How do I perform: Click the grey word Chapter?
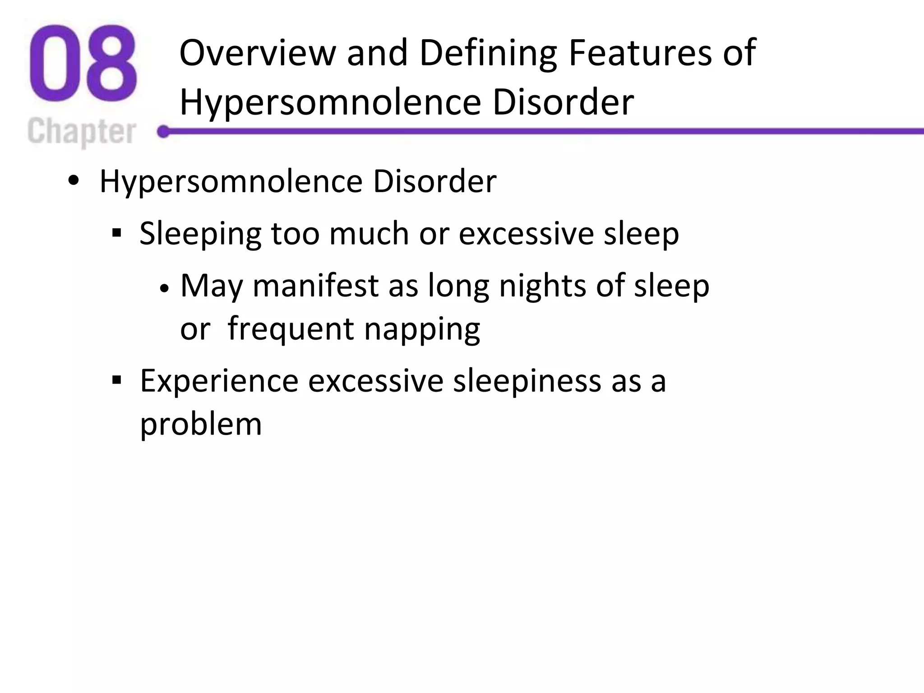[82, 132]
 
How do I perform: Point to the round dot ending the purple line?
[163, 132]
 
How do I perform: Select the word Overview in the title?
[258, 53]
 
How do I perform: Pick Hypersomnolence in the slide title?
[330, 103]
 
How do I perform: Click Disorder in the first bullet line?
[434, 181]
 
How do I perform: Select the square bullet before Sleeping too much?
[117, 234]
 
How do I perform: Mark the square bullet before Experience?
[117, 381]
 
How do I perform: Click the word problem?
[201, 425]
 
